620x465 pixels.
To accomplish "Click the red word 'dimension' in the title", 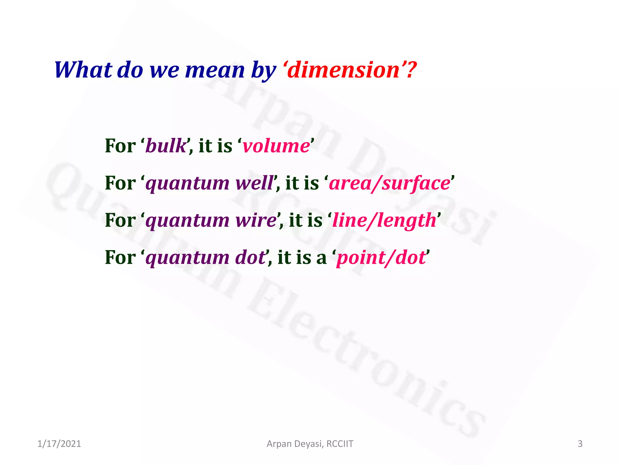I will (343, 70).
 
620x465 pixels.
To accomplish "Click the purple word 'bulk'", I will (166, 146).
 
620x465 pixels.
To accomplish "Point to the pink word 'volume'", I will (276, 146).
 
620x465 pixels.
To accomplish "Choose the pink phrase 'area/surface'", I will (390, 183).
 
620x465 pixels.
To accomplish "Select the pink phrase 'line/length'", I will (384, 221).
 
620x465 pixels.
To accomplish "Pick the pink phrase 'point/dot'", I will (381, 258).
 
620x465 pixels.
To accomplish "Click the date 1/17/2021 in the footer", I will (59, 444).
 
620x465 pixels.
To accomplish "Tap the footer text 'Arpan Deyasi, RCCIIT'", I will (310, 444).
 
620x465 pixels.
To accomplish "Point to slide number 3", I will (580, 444).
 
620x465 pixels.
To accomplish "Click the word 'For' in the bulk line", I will (120, 146).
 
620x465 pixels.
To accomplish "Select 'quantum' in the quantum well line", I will (187, 183).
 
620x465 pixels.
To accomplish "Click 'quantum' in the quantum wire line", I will (187, 221).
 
